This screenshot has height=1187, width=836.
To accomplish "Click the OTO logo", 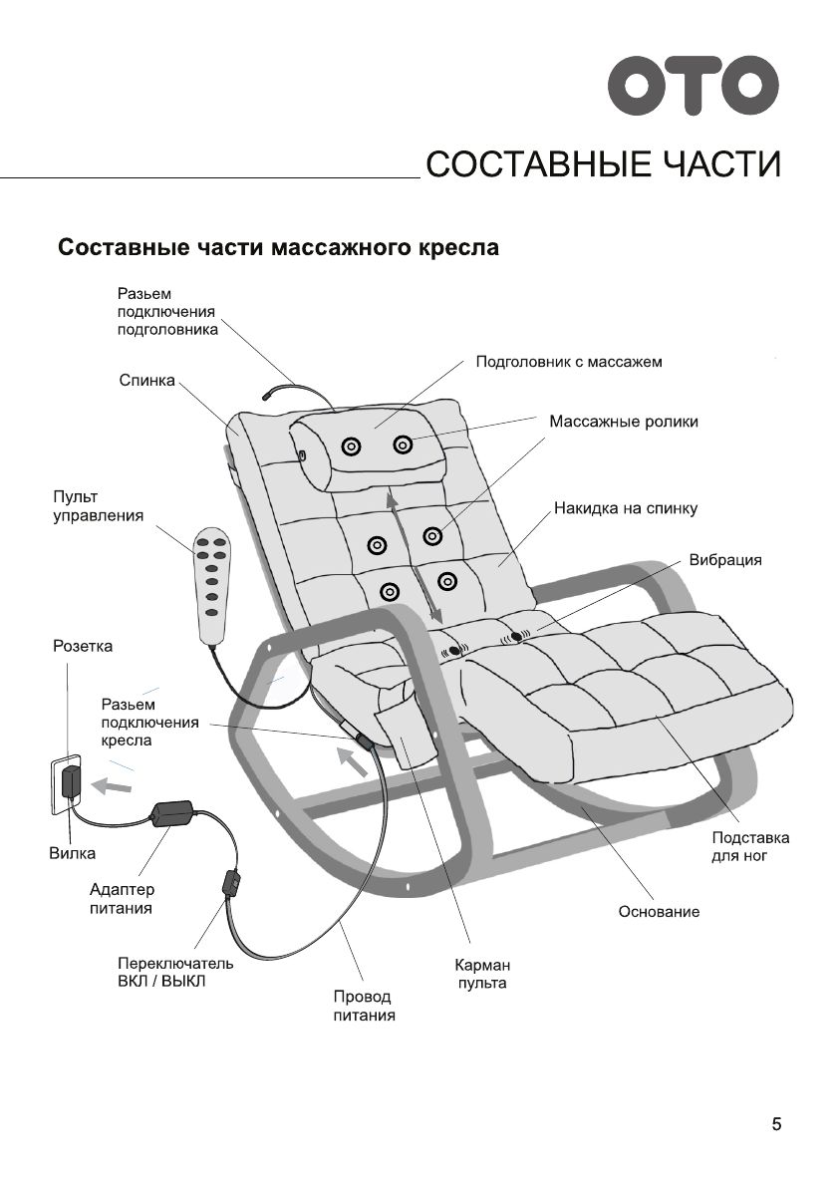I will point(695,87).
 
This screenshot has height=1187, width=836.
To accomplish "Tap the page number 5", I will point(776,1125).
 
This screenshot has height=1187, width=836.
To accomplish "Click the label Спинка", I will point(146,381).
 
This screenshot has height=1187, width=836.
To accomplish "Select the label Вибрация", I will point(725,560).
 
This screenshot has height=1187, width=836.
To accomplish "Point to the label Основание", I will point(659,912).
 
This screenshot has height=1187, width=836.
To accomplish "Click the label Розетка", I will point(83,647).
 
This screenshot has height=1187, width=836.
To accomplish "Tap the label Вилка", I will point(73,853).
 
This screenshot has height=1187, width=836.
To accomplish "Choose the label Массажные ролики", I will point(624,422).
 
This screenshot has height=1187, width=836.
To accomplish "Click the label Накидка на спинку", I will point(626,508).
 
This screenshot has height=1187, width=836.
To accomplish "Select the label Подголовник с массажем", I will point(569,361).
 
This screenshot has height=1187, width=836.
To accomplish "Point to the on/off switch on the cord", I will point(231,883).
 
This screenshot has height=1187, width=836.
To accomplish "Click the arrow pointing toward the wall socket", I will point(111,785).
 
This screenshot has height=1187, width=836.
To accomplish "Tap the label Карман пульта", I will point(482,975).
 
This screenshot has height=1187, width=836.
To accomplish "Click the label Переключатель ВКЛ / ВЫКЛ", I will point(175,972).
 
